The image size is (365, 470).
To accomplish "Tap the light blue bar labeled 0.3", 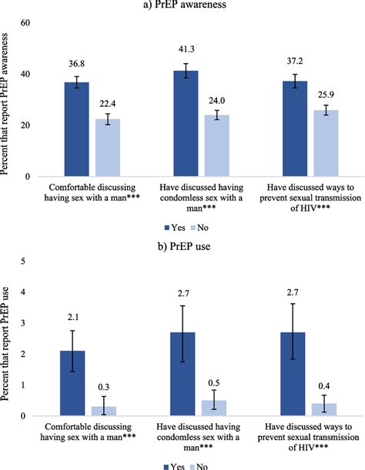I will tap(105, 411).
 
